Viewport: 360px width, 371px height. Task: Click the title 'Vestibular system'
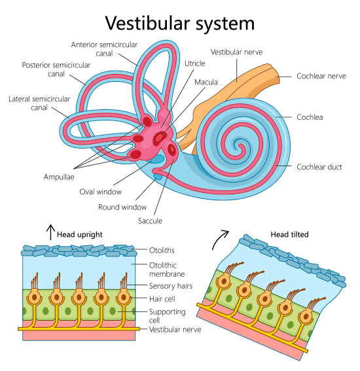click(x=179, y=23)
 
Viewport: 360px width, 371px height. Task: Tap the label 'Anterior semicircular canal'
click(x=105, y=48)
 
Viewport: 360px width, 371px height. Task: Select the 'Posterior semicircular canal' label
click(x=52, y=69)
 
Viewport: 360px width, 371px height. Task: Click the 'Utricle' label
click(x=194, y=63)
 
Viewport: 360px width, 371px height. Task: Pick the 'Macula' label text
click(x=206, y=82)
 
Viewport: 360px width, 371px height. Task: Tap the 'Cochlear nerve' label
click(x=321, y=76)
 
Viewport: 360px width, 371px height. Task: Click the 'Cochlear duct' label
click(x=319, y=167)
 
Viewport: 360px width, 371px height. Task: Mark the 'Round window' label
click(x=122, y=207)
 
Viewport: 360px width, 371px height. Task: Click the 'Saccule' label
click(x=149, y=221)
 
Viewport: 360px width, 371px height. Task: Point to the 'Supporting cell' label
click(x=167, y=316)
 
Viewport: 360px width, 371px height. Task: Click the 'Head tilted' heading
click(x=289, y=234)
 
